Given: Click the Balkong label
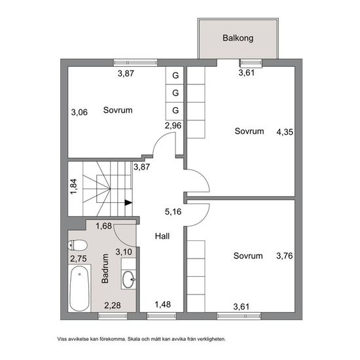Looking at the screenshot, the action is pos(238,38).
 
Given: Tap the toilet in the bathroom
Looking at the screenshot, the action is pos(78,245).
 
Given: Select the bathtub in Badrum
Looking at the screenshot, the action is pos(79,289).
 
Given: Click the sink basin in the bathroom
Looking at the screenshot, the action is pos(128,279).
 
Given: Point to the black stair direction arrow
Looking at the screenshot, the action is pos(128,202).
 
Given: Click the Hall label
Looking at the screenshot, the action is pos(162,236).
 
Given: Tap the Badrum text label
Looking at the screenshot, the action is pos(105,268).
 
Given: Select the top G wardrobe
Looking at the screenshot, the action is pos(175,75).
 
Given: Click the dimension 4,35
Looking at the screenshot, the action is pos(285,132).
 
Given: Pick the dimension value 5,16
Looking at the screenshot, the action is pos(173,211).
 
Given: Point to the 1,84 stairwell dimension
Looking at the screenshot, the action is pos(73,187).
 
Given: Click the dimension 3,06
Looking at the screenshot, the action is pos(79,113).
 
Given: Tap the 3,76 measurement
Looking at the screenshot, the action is pos(285,256).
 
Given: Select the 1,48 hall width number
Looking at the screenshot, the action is pos(162,304).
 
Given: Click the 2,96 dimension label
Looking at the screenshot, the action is pos(173,126).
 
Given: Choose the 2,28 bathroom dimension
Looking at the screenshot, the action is pos(113,306).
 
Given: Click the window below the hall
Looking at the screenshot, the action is pos(162,316).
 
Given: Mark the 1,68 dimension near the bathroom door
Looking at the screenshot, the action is pos(104,226).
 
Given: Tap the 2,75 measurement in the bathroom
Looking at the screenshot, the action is pos(79,259).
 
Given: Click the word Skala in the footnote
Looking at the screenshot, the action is pos(134,339).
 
